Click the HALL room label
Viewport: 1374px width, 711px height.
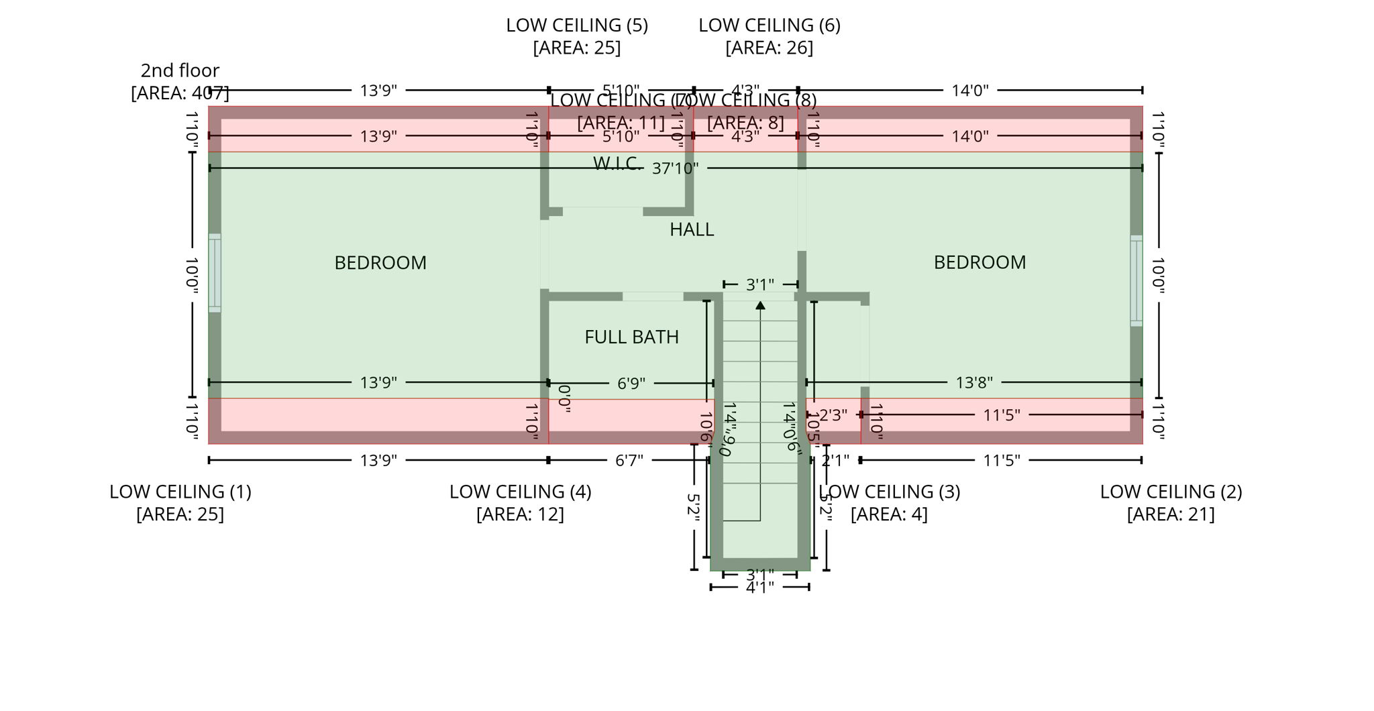point(692,229)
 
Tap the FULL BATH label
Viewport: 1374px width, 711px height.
point(631,337)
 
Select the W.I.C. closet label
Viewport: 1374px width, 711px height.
point(616,163)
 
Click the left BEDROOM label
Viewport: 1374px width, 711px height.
point(380,262)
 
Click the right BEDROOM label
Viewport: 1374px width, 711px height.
point(980,262)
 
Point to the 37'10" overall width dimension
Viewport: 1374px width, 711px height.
point(675,168)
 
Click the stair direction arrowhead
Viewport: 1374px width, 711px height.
point(760,306)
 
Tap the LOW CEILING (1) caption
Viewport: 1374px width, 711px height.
point(180,492)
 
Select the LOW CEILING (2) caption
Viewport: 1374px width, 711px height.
point(1171,492)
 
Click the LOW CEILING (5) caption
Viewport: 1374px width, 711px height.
point(577,25)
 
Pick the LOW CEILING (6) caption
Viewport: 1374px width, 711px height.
point(769,25)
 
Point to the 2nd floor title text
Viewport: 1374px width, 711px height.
point(180,70)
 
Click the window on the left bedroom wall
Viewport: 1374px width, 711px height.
point(215,272)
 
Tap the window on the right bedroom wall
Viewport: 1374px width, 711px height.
point(1136,280)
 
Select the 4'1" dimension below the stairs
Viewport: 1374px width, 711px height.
point(759,588)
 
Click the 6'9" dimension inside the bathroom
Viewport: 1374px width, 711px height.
point(631,383)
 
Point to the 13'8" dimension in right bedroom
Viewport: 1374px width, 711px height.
point(973,382)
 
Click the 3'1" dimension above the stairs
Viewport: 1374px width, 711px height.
point(759,284)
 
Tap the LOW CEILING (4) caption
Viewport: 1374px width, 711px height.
point(520,492)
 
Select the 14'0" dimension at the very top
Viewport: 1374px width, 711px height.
point(970,90)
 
